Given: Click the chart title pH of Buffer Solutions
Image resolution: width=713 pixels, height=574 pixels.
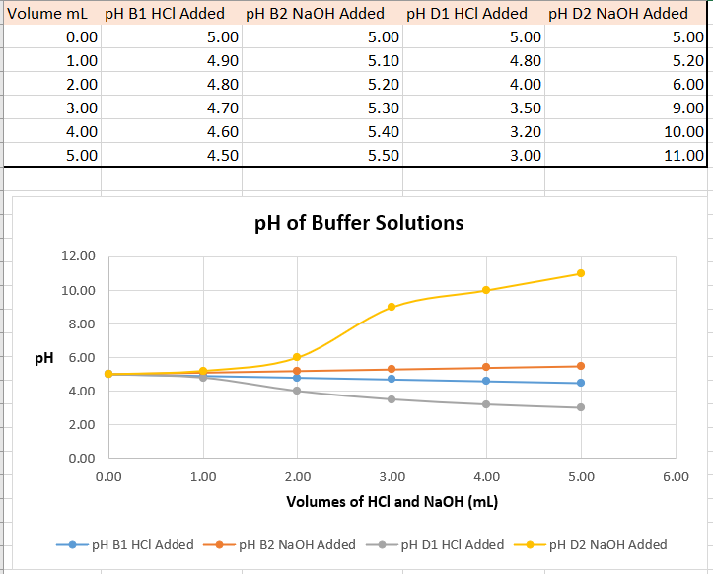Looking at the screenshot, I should pyautogui.click(x=359, y=222).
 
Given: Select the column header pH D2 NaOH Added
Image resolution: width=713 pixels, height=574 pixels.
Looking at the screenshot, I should pyautogui.click(x=617, y=13).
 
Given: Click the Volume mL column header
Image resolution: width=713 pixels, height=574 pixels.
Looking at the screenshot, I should pyautogui.click(x=50, y=13).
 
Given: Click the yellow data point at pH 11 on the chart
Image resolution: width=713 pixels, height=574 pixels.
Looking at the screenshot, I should pyautogui.click(x=581, y=273).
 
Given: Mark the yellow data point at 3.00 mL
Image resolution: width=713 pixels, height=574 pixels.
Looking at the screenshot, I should pyautogui.click(x=392, y=307).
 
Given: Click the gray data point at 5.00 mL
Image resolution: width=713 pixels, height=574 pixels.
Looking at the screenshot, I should pyautogui.click(x=581, y=407).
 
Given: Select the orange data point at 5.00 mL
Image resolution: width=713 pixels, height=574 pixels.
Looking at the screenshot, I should pyautogui.click(x=581, y=366).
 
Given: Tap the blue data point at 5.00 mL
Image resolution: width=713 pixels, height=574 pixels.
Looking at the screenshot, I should pyautogui.click(x=581, y=383).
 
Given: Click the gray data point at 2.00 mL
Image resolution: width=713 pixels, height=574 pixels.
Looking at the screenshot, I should pyautogui.click(x=297, y=391).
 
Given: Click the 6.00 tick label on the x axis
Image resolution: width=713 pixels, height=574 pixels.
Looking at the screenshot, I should pyautogui.click(x=675, y=477).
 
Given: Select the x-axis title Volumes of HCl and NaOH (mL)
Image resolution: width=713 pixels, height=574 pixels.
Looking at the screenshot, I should pyautogui.click(x=392, y=501).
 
